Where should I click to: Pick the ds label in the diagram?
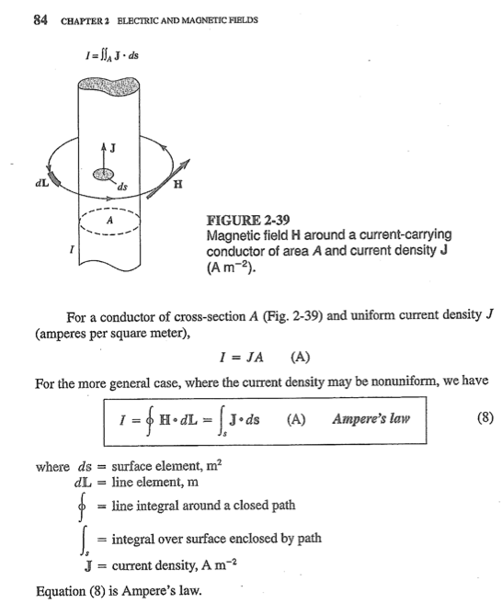coord(122,191)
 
